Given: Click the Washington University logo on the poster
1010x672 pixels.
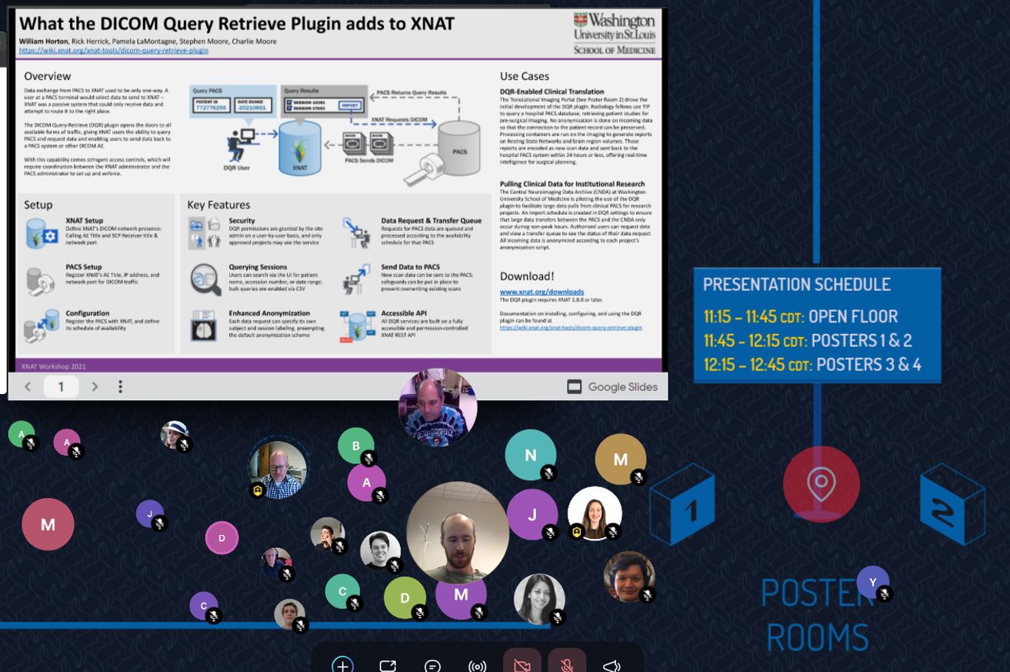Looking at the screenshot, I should [x=615, y=33].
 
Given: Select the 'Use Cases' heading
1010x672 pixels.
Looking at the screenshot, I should [x=524, y=76].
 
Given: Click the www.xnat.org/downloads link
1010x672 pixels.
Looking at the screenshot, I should [x=542, y=292].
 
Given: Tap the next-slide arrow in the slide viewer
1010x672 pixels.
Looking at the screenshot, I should [x=95, y=386].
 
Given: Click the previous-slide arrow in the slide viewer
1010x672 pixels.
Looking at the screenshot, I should [x=28, y=386].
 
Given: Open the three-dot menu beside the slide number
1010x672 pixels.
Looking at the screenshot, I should [x=120, y=386].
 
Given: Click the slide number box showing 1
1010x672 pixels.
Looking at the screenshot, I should [x=61, y=386].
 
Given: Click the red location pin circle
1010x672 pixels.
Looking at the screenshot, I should [x=821, y=484].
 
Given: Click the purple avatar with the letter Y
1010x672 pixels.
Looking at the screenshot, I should [x=872, y=582].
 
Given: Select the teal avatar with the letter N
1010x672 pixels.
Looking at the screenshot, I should [x=530, y=455].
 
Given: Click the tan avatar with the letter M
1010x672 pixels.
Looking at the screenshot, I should [x=620, y=460].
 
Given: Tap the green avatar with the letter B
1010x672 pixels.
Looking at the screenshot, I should [x=355, y=446].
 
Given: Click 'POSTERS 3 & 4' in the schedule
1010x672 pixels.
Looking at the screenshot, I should [x=868, y=364].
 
